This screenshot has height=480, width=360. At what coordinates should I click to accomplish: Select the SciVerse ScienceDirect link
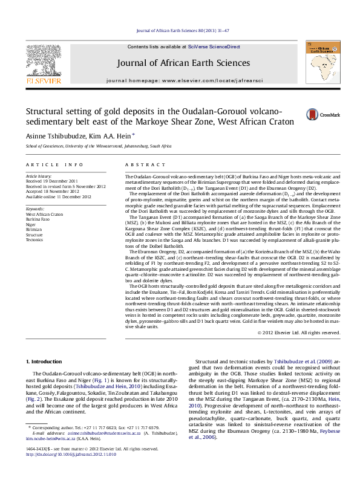coord(214,46)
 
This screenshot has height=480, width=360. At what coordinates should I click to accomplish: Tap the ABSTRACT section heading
coord(141,164)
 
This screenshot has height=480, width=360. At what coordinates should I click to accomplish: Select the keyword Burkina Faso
coord(38,219)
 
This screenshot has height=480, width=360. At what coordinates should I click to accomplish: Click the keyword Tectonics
coord(34,240)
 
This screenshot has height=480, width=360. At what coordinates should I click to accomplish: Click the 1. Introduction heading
coord(45,361)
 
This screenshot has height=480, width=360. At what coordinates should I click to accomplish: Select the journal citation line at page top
coord(180,30)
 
